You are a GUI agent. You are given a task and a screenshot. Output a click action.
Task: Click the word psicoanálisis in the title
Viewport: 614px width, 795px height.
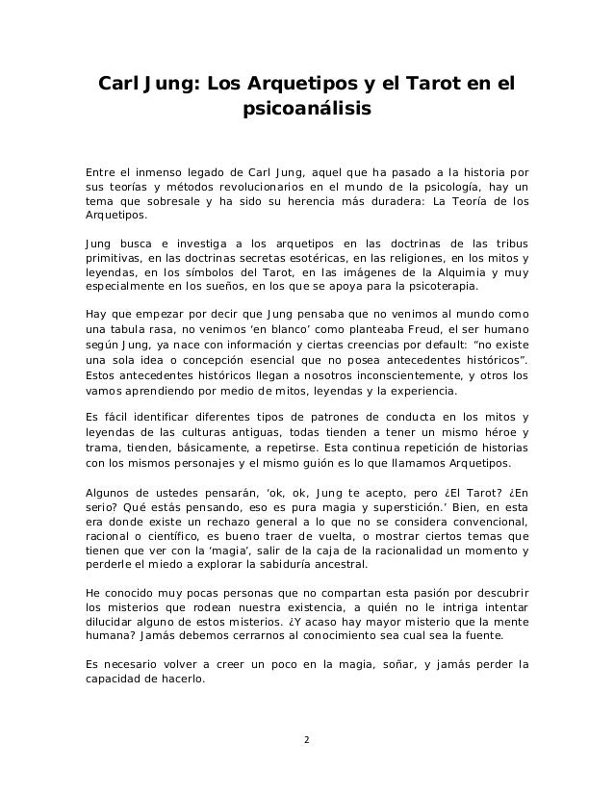tap(306, 112)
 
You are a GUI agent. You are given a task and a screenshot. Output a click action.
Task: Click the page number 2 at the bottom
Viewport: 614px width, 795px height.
tap(306, 740)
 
